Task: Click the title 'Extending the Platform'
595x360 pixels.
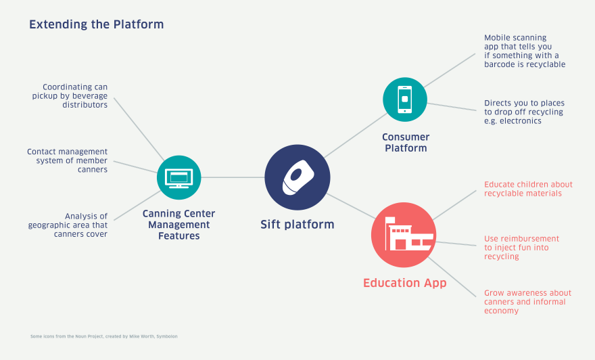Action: pos(96,25)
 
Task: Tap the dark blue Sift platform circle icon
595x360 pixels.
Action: pos(297,177)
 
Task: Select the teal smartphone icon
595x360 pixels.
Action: pos(404,99)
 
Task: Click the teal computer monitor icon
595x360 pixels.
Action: pos(179,177)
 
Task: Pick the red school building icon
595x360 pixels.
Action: pos(404,235)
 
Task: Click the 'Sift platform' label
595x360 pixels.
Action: pos(297,225)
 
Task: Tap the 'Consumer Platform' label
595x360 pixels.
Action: pos(406,143)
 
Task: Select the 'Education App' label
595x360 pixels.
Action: pos(404,283)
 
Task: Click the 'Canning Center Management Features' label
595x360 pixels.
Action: pos(178,225)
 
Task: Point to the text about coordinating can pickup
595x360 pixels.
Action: pos(70,96)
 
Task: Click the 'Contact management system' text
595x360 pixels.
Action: pos(68,160)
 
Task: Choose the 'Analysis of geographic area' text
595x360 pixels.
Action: pos(68,225)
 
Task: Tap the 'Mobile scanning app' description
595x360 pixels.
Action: pos(524,51)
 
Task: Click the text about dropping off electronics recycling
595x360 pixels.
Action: pos(523,112)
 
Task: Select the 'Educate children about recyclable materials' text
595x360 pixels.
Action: pos(528,189)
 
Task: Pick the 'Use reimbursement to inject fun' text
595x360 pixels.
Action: pos(521,248)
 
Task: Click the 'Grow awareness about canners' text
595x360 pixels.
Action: pos(527,302)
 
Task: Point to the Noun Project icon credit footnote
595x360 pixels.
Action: pos(104,336)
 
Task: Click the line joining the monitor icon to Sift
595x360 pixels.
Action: pos(233,177)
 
